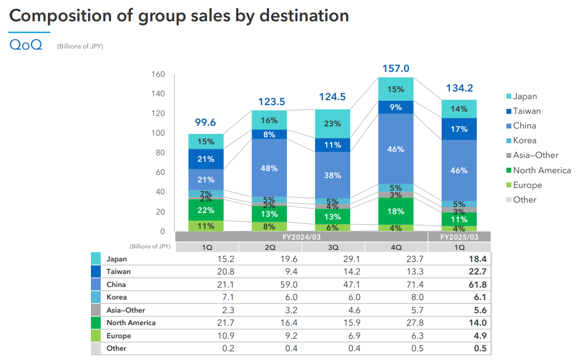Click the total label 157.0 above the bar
coord(396,69)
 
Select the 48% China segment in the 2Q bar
coord(269,168)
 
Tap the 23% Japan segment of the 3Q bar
coord(332,124)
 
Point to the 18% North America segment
coord(396,211)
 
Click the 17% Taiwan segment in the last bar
coord(459,130)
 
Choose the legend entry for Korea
coord(524,141)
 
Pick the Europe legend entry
coord(527,185)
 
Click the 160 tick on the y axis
coord(158,74)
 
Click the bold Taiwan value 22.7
coord(475,272)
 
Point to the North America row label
coord(131,323)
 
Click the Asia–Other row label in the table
coord(126,310)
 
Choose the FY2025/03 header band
coord(459,237)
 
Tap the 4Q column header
coord(396,247)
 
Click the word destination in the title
coord(304,15)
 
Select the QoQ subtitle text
coord(26,45)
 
